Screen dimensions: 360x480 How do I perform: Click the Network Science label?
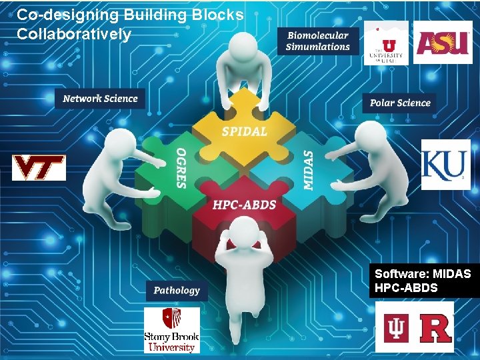pyautogui.click(x=100, y=99)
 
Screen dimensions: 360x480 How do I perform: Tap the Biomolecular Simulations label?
pyautogui.click(x=317, y=41)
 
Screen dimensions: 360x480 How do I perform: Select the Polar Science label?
pyautogui.click(x=400, y=103)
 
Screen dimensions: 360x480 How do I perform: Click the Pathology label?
pyautogui.click(x=176, y=290)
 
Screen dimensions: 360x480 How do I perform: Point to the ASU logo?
pyautogui.click(x=443, y=42)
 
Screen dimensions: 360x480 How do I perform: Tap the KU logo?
pyautogui.click(x=445, y=165)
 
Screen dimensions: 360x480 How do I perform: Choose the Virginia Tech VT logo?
pyautogui.click(x=39, y=167)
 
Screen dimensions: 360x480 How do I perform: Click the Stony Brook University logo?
pyautogui.click(x=171, y=330)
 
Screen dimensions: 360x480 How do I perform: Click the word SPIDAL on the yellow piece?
pyautogui.click(x=244, y=131)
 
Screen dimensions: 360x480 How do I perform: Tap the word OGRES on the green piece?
pyautogui.click(x=180, y=167)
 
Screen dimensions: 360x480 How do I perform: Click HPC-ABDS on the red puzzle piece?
pyautogui.click(x=244, y=205)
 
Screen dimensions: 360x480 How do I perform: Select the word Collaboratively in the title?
pyautogui.click(x=74, y=34)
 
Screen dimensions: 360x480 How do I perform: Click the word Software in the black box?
pyautogui.click(x=397, y=274)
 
